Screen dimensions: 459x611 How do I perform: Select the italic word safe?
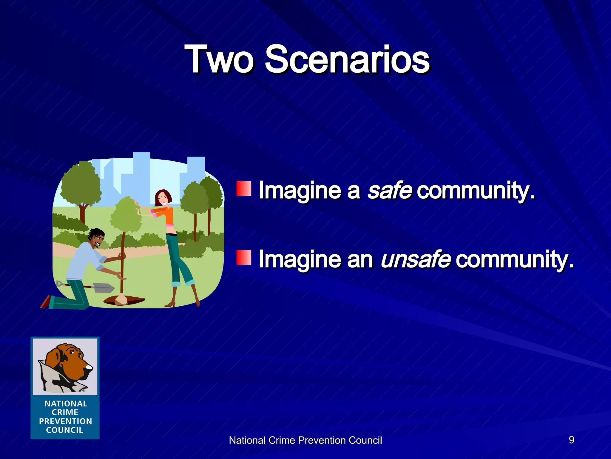click(x=390, y=190)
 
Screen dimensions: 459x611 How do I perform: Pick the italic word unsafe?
click(x=415, y=259)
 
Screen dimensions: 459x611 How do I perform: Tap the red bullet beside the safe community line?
click(x=244, y=188)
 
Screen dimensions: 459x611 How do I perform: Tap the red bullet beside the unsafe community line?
click(x=244, y=257)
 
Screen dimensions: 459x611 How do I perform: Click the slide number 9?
click(x=571, y=440)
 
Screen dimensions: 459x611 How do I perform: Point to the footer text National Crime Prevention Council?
click(x=305, y=440)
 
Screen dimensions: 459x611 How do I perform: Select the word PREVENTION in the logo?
click(x=65, y=421)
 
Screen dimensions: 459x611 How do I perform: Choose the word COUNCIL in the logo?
click(x=64, y=430)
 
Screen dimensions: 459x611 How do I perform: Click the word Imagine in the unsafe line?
click(x=300, y=259)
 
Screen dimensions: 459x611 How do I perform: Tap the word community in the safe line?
click(x=476, y=190)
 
